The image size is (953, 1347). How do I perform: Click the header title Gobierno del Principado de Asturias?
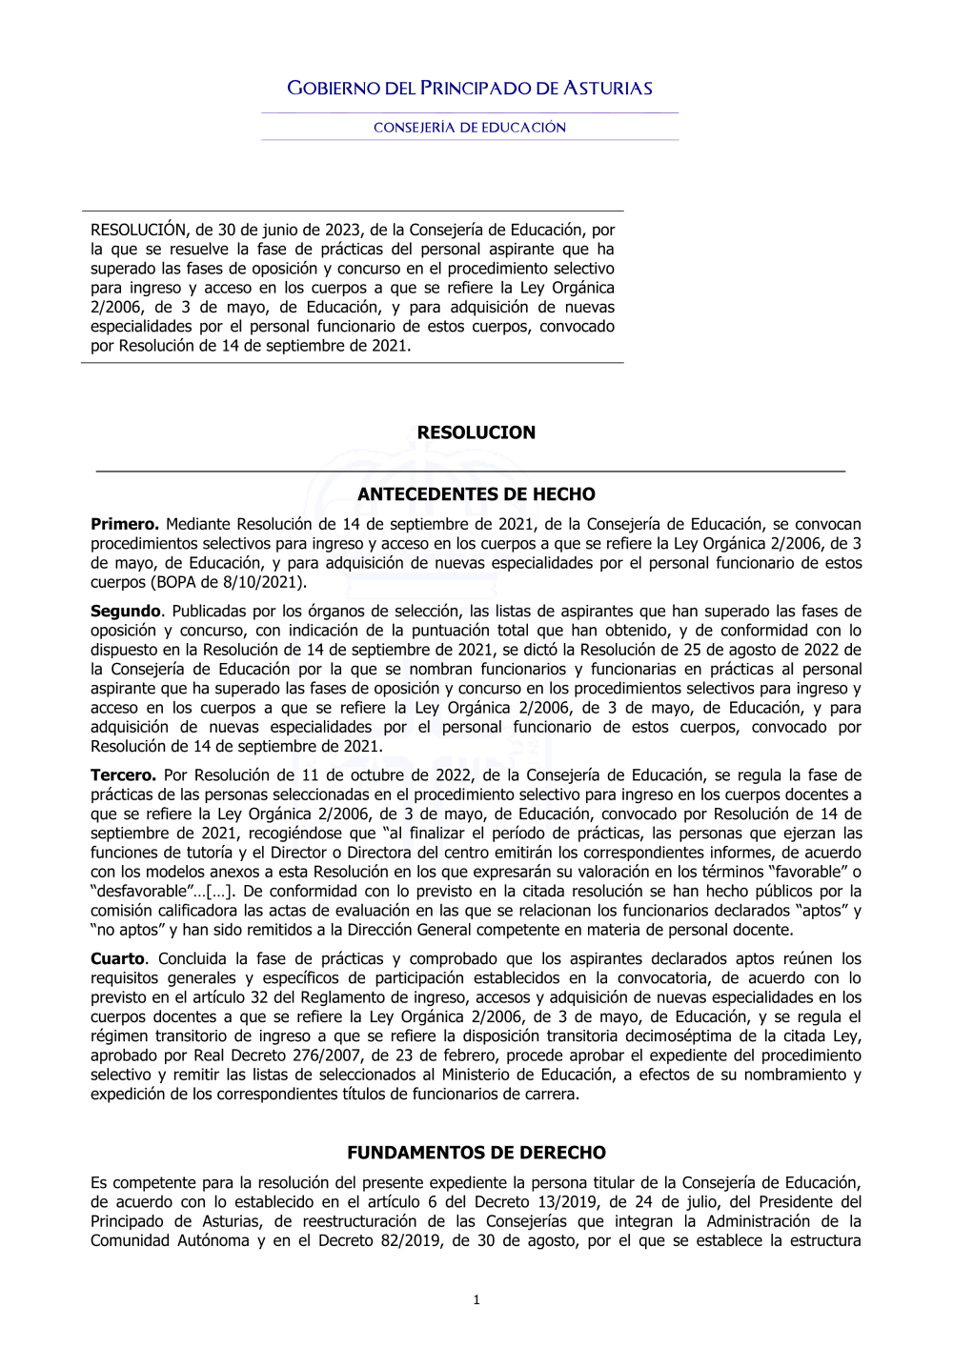(470, 89)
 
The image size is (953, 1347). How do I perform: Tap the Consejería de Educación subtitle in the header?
(470, 128)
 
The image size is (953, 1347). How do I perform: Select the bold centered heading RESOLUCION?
(476, 432)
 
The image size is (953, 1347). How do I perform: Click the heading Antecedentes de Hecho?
(476, 494)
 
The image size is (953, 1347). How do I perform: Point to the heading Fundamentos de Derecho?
(476, 1153)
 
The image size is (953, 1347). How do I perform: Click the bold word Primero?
(124, 524)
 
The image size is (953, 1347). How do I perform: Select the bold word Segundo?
(126, 612)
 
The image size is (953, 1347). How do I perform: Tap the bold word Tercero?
(123, 775)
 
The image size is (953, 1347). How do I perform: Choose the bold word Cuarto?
(118, 959)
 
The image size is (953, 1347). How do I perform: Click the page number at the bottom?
(476, 1300)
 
